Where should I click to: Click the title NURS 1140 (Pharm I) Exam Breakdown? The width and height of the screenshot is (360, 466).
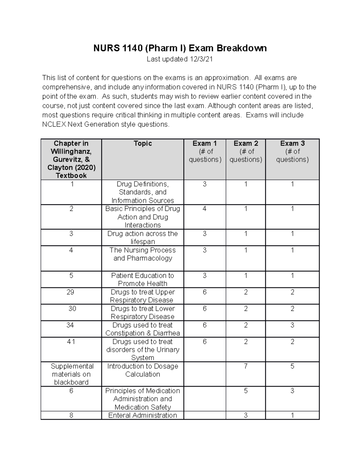click(180, 48)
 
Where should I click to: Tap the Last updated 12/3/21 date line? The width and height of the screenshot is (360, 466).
click(180, 59)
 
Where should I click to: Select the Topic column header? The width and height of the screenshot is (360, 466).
click(142, 143)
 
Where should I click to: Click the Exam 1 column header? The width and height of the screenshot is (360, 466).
click(205, 151)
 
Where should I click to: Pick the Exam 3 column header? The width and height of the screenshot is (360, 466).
click(292, 151)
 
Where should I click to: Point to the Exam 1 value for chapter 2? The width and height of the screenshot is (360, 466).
click(205, 209)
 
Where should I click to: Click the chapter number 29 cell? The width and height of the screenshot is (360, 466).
click(71, 292)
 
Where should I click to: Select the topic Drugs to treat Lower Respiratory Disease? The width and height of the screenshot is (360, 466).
click(142, 312)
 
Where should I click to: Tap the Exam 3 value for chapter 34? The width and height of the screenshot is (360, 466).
click(292, 325)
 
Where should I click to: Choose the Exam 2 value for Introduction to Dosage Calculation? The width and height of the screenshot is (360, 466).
click(246, 366)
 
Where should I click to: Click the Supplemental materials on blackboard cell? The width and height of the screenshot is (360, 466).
click(71, 374)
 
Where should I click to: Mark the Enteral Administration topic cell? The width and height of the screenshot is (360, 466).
click(142, 415)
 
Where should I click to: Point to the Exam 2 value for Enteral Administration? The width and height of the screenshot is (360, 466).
click(246, 415)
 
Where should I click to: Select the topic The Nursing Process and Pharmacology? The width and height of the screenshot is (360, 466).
click(142, 254)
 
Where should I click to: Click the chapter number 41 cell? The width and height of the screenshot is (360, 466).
click(71, 342)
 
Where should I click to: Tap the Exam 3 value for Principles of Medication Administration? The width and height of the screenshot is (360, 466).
click(292, 391)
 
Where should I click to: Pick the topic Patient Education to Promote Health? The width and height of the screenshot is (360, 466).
click(142, 279)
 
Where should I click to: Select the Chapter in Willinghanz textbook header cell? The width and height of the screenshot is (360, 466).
click(71, 159)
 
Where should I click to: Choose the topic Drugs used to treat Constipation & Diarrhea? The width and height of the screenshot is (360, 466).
click(142, 329)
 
